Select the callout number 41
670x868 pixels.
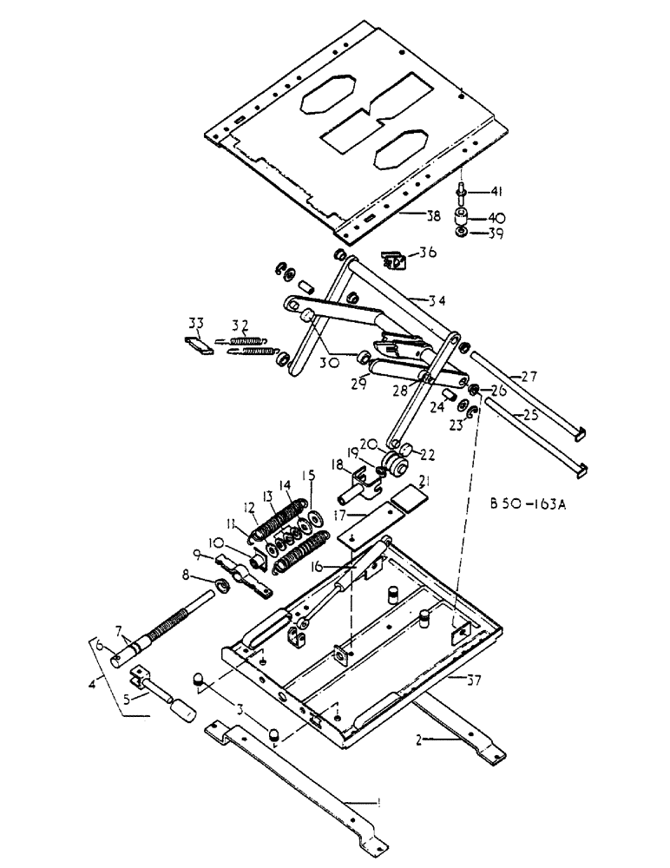tap(496, 192)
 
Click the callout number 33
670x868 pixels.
tap(194, 326)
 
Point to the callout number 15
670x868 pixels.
tap(308, 476)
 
